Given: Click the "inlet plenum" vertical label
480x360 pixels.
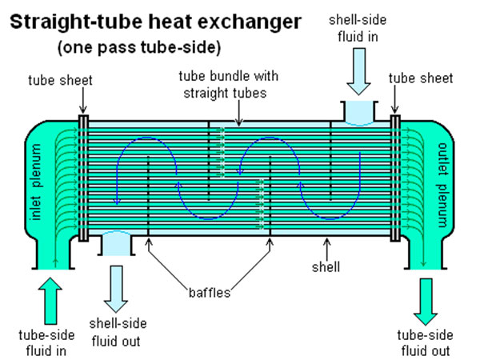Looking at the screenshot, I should pyautogui.click(x=36, y=181).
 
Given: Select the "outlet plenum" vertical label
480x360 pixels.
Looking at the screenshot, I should pyautogui.click(x=445, y=181).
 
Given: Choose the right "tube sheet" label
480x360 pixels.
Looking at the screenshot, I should pyautogui.click(x=421, y=78).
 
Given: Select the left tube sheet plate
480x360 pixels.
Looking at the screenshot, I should pyautogui.click(x=83, y=177).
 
